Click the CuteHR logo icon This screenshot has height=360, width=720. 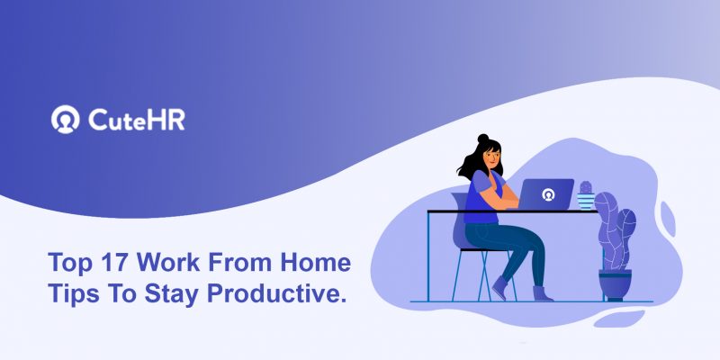66,120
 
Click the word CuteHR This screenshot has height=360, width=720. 137,120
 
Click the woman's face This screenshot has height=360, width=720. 493,160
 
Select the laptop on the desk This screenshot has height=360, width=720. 546,193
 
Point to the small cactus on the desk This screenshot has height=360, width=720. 586,193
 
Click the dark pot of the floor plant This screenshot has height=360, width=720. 615,283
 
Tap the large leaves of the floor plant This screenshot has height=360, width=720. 616,229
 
